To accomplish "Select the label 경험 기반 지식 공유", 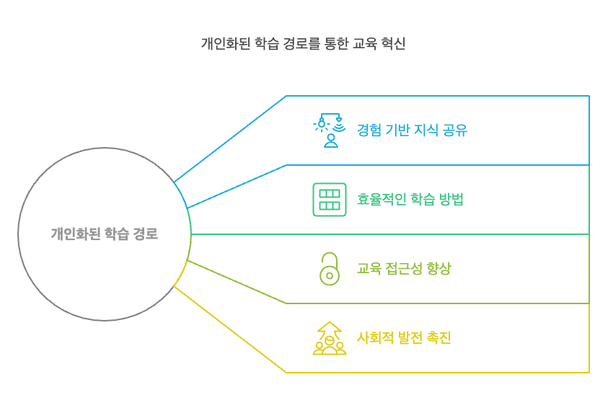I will click(413, 130).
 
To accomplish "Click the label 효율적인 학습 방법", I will click(410, 200).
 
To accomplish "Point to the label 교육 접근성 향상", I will click(404, 269).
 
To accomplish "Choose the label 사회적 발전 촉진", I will click(404, 338).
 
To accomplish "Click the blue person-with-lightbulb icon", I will click(330, 130).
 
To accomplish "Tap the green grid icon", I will click(330, 200).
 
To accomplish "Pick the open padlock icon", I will click(330, 269).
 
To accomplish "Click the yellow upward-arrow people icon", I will click(330, 338).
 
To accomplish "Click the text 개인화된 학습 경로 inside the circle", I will click(104, 234).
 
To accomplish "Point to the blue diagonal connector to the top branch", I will click(231, 138).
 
